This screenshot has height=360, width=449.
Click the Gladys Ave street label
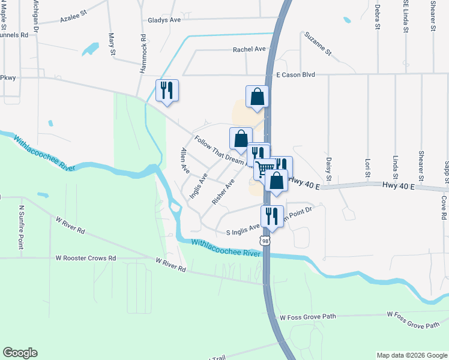(164, 20)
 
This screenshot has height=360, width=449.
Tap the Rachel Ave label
(249, 49)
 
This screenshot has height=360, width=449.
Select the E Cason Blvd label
(295, 75)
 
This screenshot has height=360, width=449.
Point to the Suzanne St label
(318, 43)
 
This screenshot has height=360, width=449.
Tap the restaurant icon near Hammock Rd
(167, 90)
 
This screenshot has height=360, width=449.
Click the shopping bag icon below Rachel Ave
(257, 96)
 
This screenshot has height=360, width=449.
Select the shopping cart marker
(265, 167)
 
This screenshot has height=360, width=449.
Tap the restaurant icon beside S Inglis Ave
(272, 216)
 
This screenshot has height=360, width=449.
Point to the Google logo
(20, 353)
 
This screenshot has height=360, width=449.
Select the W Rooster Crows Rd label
(86, 258)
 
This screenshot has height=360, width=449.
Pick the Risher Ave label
(223, 191)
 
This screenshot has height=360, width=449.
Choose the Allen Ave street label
(184, 161)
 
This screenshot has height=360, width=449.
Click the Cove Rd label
(444, 207)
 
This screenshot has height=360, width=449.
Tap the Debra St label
(378, 16)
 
